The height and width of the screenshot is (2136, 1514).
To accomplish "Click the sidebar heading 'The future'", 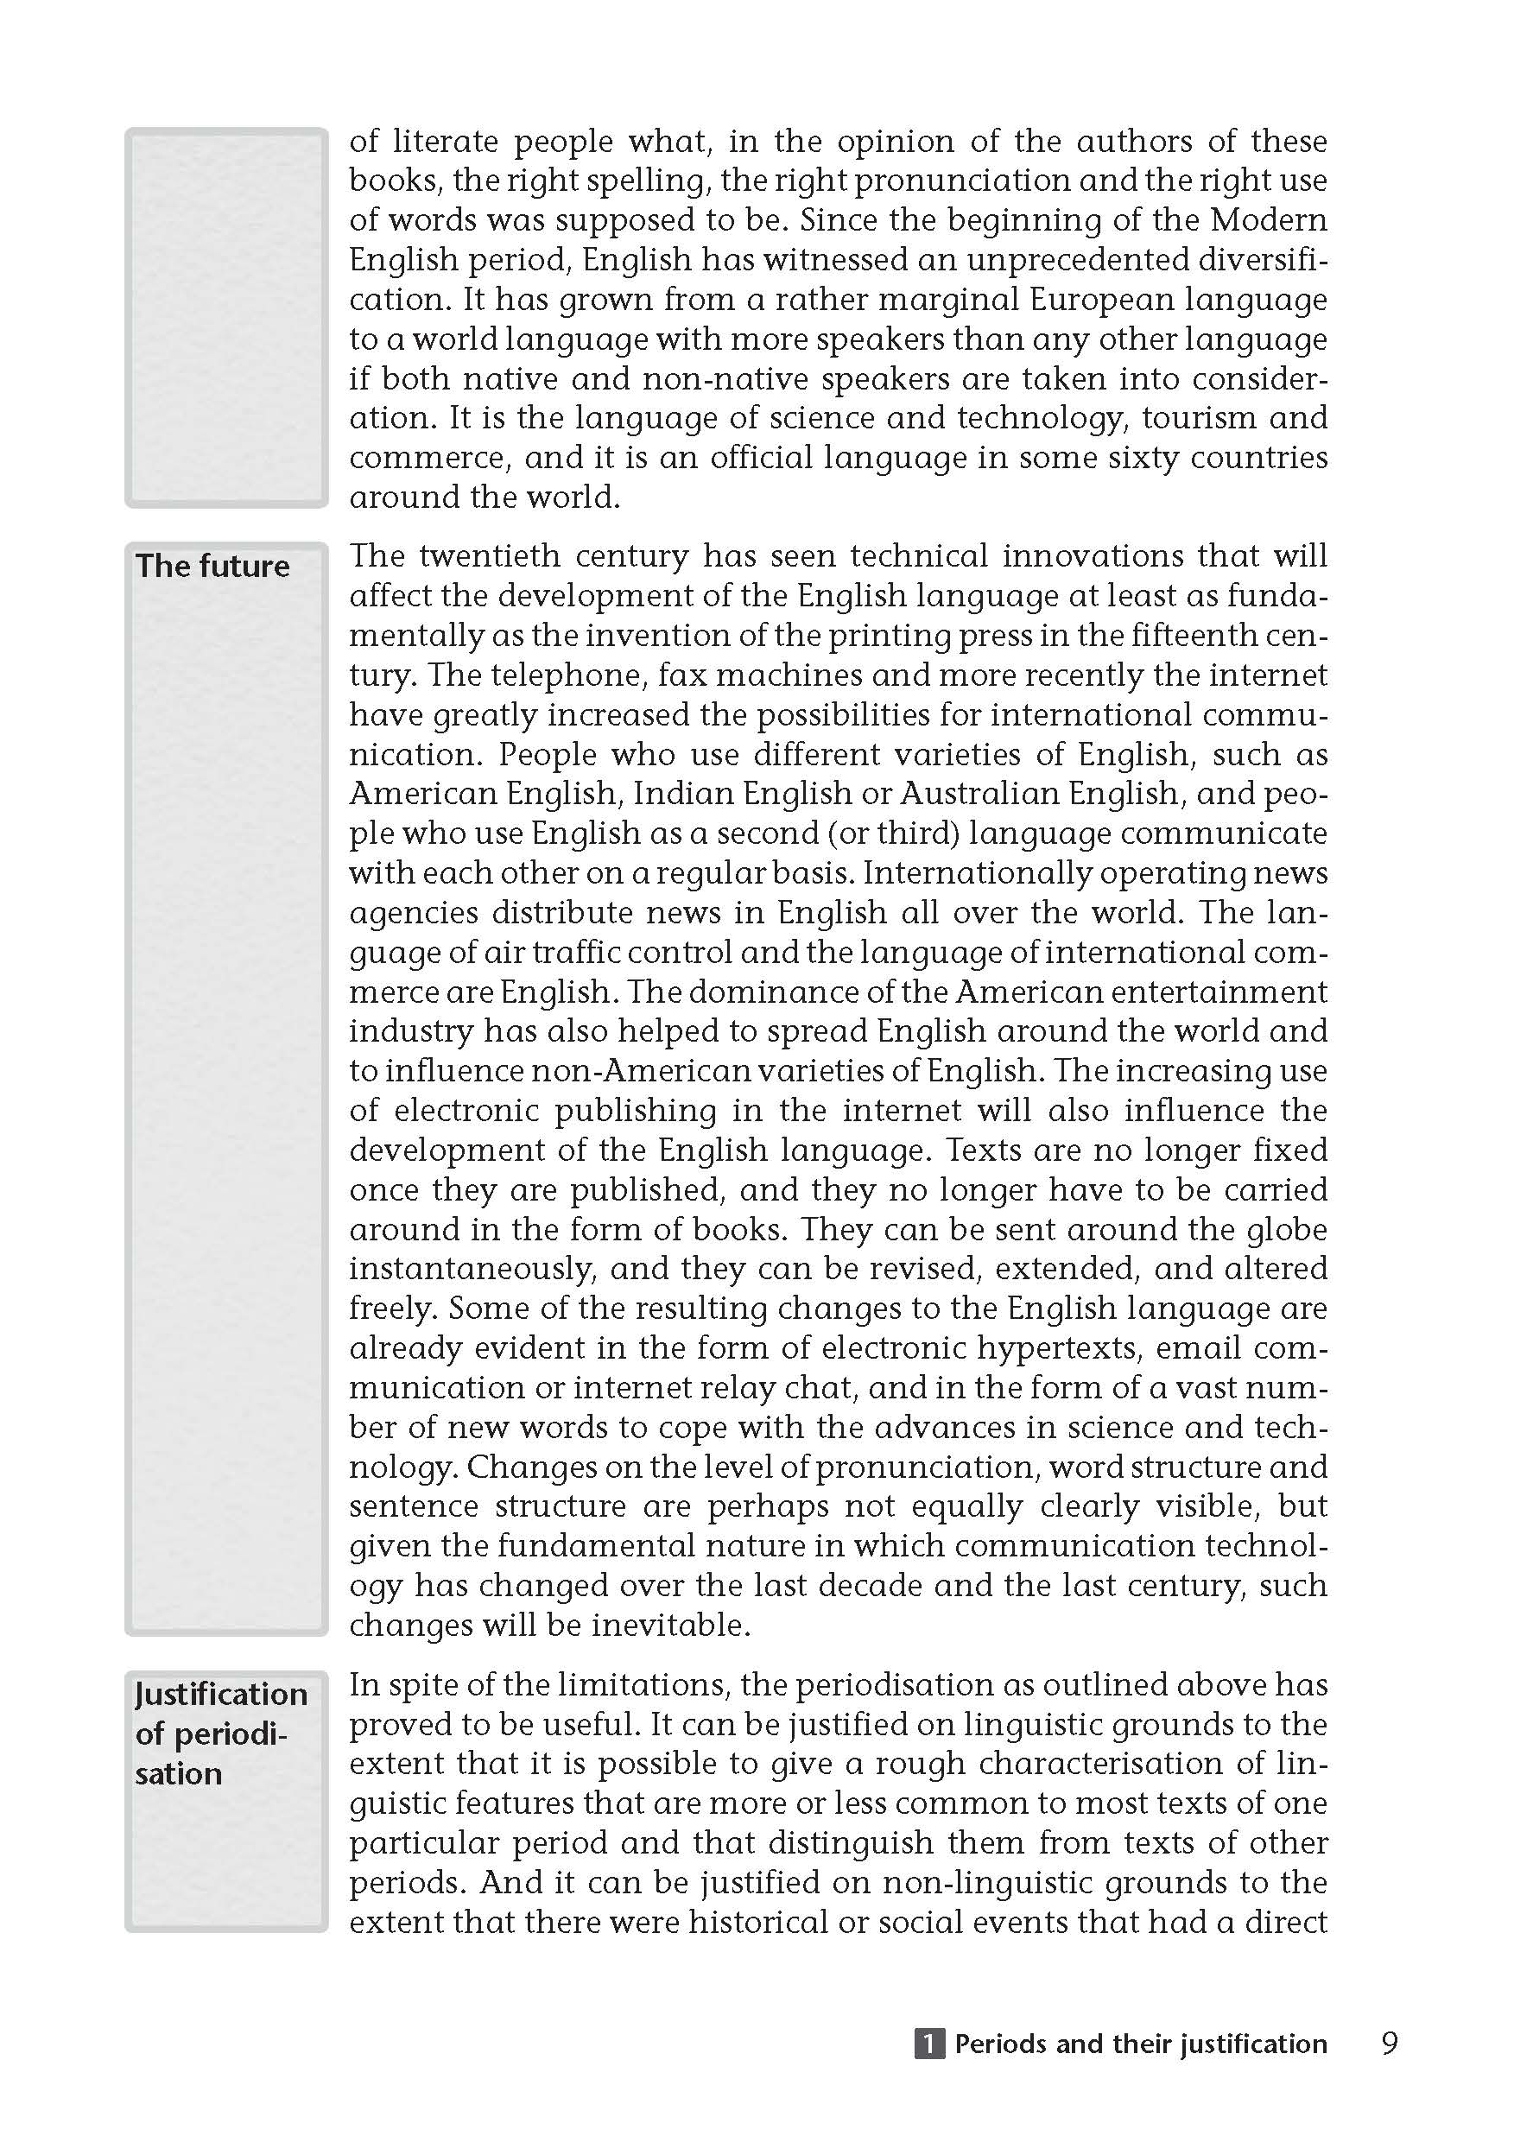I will click(x=212, y=566).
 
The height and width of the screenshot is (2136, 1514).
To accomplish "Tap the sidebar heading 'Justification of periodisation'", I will click(x=220, y=1734).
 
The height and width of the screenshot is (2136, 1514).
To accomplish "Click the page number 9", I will click(x=1389, y=2044).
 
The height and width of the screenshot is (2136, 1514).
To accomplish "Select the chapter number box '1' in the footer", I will click(x=929, y=2044).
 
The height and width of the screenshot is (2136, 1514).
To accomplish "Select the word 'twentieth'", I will click(x=489, y=555).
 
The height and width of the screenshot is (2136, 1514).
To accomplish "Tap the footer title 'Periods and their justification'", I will click(x=1140, y=2044).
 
